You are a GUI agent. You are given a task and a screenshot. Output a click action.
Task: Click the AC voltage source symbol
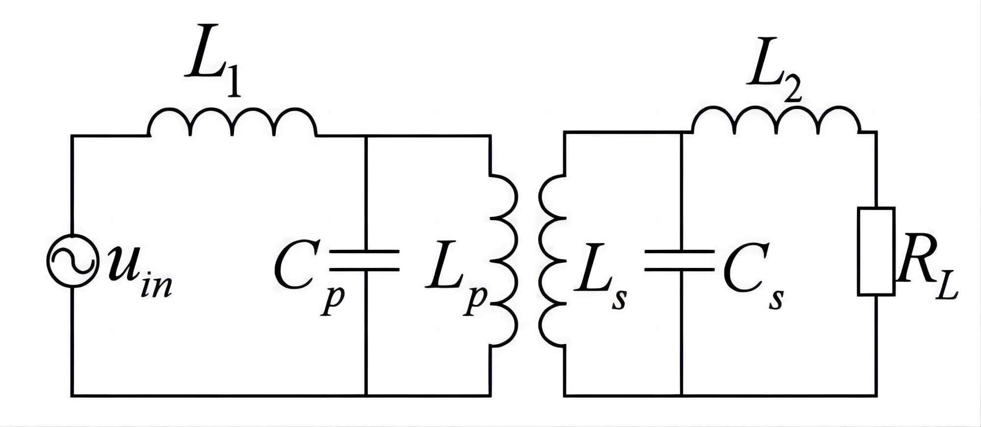pyautogui.click(x=72, y=260)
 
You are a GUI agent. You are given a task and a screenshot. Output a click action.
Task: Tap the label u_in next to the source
pyautogui.click(x=140, y=272)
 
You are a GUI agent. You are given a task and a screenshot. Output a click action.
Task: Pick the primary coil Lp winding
pyautogui.click(x=503, y=260)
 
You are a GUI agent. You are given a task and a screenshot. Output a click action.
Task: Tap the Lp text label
pyautogui.click(x=456, y=275)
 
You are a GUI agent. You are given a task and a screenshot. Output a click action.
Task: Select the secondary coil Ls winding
pyautogui.click(x=553, y=260)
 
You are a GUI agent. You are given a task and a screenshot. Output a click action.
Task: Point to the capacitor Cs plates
pyautogui.click(x=681, y=260)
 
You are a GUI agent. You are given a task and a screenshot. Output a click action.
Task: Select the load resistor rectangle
pyautogui.click(x=876, y=251)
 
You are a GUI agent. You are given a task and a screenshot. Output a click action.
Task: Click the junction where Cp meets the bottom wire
pyautogui.click(x=366, y=395)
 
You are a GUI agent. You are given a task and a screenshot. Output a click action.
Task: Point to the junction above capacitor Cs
pyautogui.click(x=681, y=132)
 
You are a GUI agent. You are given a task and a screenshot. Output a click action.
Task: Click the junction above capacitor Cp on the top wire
pyautogui.click(x=366, y=136)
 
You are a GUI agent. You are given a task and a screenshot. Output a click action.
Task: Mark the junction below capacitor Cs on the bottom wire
pyautogui.click(x=681, y=395)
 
